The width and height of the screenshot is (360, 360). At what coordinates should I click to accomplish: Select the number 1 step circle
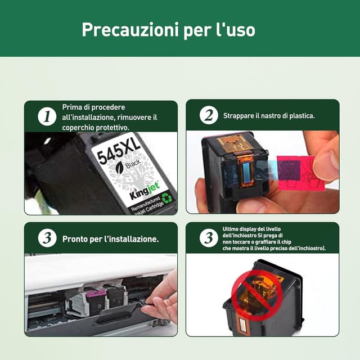(47, 116)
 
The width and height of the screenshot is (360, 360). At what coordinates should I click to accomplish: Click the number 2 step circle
(209, 116)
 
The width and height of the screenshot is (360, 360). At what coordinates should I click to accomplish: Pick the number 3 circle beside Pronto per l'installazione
(47, 238)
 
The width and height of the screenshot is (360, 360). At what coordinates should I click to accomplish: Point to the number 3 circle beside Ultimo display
(209, 238)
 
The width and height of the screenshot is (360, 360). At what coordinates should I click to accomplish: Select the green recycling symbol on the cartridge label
(167, 197)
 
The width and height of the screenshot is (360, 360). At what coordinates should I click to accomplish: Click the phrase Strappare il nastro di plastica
(269, 116)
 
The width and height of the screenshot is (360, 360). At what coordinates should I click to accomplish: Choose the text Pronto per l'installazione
(110, 239)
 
